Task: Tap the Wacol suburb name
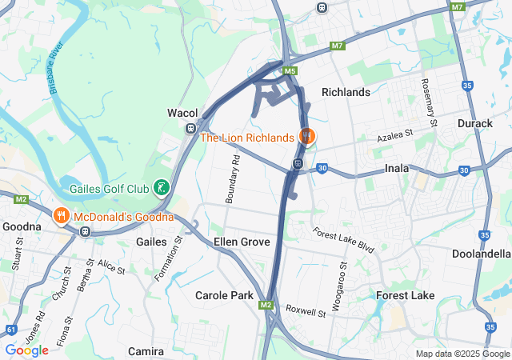coord(182,113)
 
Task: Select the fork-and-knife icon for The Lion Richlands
coord(305,137)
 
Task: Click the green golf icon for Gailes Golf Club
coord(162,188)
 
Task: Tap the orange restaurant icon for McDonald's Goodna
coord(61,216)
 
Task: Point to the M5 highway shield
coord(290,72)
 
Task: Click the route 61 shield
coord(10,329)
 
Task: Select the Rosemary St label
coord(429,102)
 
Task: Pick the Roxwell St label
coord(306,310)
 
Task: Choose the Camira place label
coord(146,351)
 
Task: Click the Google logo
coord(26,350)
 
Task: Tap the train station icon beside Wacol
coord(190,128)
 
